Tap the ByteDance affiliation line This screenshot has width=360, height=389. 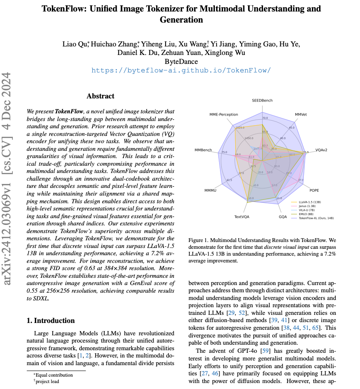(181, 62)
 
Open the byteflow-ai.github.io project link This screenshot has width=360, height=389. (181, 71)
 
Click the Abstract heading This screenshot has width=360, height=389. (100, 96)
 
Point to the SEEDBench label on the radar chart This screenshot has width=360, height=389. (262, 101)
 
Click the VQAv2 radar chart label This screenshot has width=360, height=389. (322, 150)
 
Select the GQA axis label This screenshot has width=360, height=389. (283, 216)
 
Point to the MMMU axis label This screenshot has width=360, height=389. (211, 190)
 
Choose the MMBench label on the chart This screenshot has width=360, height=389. (203, 150)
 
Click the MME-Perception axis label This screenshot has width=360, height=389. (223, 115)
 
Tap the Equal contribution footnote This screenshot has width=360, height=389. (54, 375)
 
